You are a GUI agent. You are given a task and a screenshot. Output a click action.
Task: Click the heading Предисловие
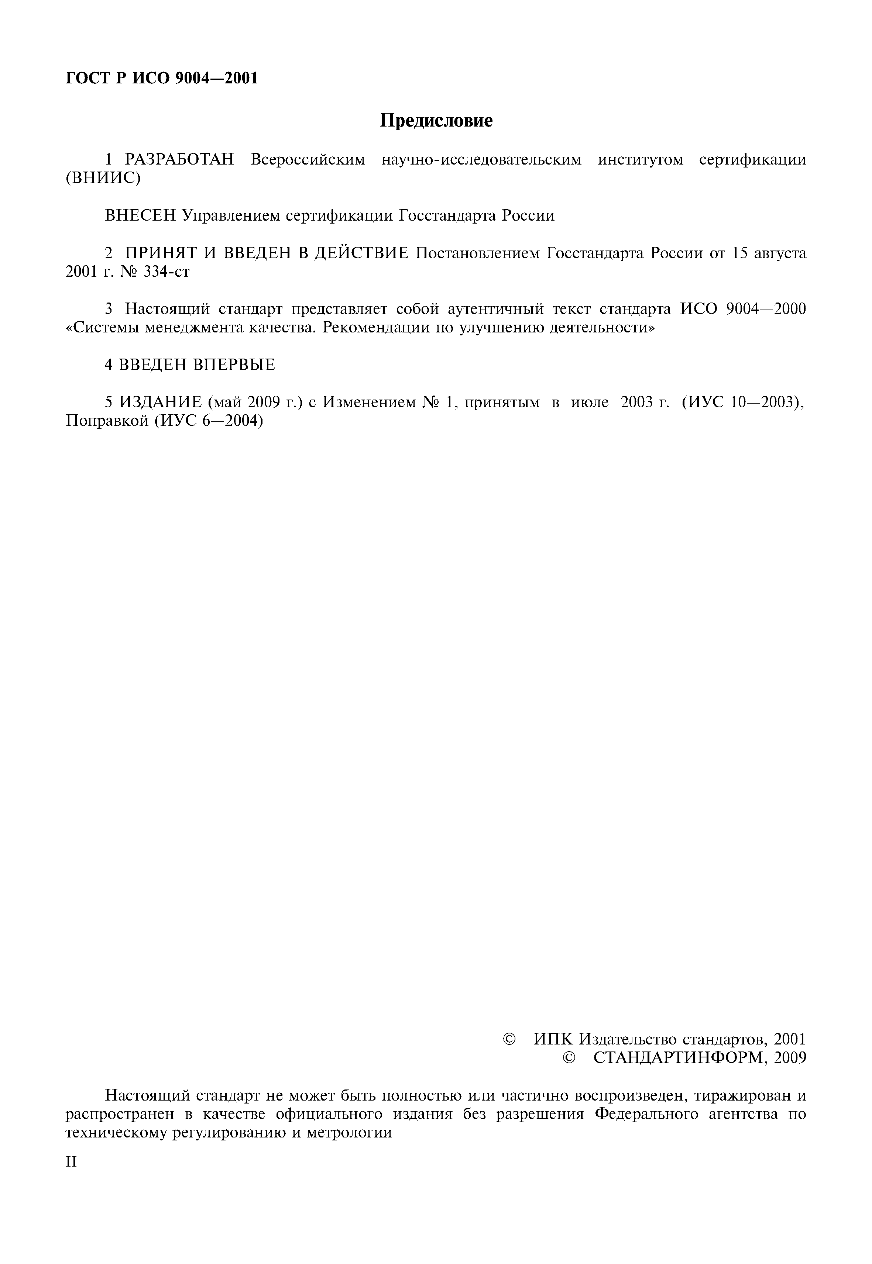tap(436, 121)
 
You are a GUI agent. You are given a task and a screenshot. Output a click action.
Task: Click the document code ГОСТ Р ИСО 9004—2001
tap(162, 79)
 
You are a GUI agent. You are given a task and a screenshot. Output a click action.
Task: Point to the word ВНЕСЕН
tap(140, 216)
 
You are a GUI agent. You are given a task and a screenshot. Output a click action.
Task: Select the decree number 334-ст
tap(166, 272)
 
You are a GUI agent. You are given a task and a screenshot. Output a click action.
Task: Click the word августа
tap(780, 253)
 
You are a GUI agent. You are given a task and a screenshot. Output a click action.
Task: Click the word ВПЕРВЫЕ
tap(234, 365)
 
